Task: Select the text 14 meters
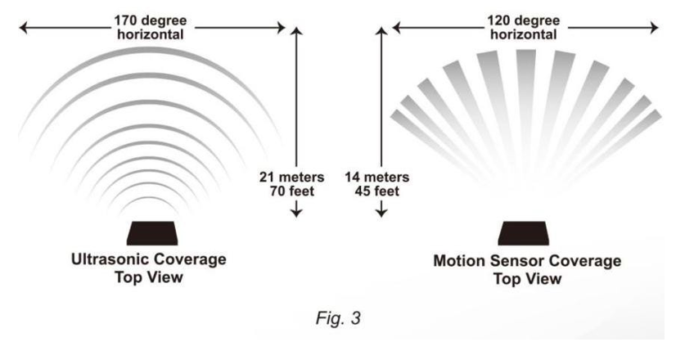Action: pos(378,176)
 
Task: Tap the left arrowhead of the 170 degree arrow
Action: pos(22,29)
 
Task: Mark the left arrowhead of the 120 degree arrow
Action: pos(397,29)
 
